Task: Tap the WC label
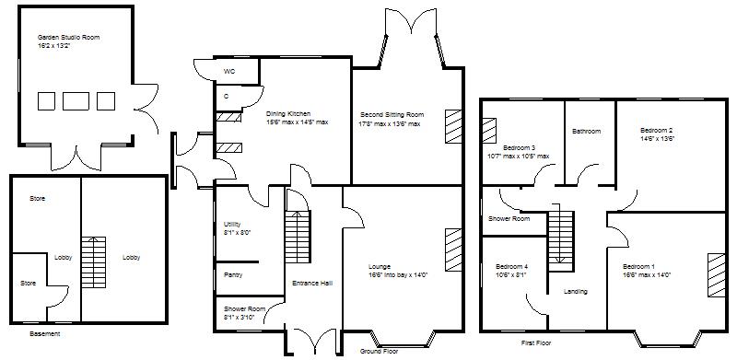tap(228, 70)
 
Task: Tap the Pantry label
tap(234, 273)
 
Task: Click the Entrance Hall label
tap(311, 283)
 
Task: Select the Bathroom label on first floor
tap(586, 132)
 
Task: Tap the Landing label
tap(575, 292)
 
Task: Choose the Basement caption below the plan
tap(45, 334)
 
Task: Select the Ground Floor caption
tap(379, 350)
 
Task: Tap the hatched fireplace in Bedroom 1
tap(716, 274)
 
